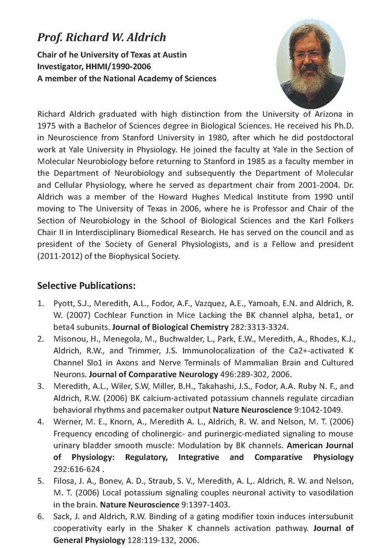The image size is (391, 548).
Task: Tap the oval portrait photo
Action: tap(311, 64)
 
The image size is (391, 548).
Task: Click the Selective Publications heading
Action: tap(87, 286)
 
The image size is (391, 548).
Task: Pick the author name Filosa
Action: tap(65, 481)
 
